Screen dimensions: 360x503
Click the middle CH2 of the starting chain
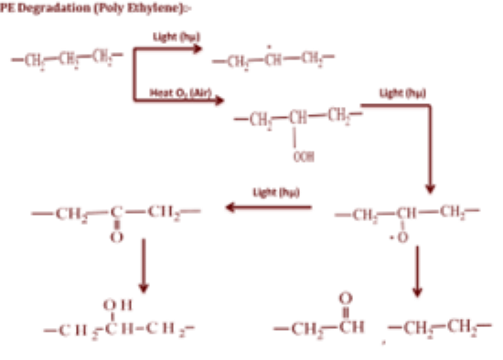pyautogui.click(x=68, y=61)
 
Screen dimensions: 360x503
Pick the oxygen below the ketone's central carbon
pyautogui.click(x=114, y=238)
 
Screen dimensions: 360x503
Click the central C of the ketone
pyautogui.click(x=114, y=215)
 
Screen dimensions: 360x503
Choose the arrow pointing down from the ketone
pyautogui.click(x=143, y=265)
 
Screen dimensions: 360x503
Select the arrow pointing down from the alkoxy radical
pyautogui.click(x=417, y=273)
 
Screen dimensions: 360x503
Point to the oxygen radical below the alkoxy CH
pyautogui.click(x=401, y=238)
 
